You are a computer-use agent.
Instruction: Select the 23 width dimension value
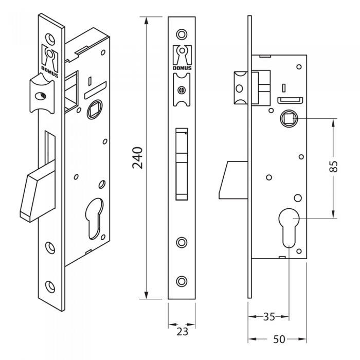(182, 331)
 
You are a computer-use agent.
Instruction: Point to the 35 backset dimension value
(268, 317)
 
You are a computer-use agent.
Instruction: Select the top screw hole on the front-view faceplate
(181, 34)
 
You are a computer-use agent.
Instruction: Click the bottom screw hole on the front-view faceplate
(181, 280)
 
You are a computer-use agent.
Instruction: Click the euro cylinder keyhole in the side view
(290, 227)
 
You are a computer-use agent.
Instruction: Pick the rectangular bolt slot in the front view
(181, 163)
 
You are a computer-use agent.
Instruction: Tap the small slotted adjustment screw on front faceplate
(181, 91)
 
